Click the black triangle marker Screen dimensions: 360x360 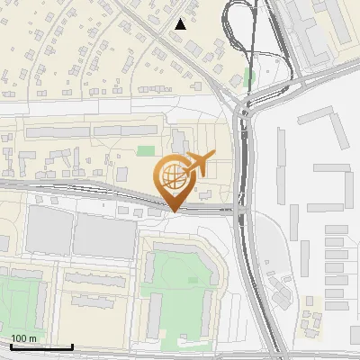(x=181, y=24)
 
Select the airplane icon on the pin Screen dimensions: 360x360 (x=198, y=163)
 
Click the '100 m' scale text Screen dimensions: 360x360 (x=23, y=338)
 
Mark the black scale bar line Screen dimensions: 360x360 (x=41, y=346)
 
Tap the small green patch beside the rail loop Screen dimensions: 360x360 (x=249, y=77)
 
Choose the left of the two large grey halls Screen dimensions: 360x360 (x=49, y=230)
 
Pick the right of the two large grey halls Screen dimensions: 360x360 (x=102, y=236)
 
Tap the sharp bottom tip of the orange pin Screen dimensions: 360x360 (x=172, y=211)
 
